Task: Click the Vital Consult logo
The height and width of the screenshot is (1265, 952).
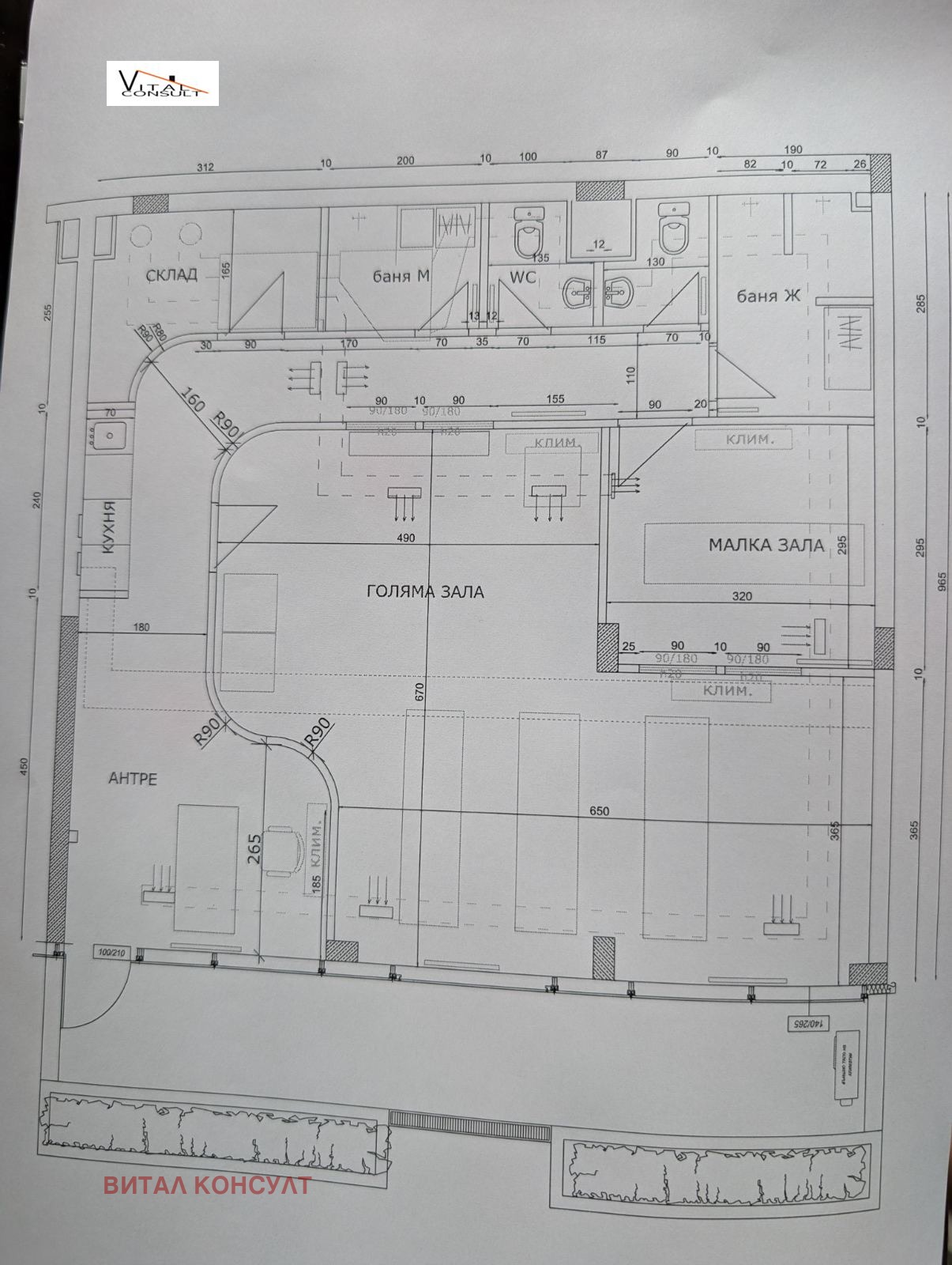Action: coord(162,83)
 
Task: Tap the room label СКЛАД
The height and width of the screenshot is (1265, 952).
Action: coord(171,275)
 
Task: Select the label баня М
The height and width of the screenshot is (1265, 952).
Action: coord(401,276)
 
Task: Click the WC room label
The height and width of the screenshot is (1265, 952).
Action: coord(522,278)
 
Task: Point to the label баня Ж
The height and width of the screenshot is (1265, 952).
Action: coord(768,296)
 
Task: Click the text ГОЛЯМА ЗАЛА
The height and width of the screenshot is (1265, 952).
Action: coord(425,591)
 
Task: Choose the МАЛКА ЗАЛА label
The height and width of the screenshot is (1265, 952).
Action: coord(766,545)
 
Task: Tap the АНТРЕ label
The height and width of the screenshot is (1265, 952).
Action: coord(133,779)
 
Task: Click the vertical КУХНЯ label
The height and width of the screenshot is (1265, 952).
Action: coord(109,527)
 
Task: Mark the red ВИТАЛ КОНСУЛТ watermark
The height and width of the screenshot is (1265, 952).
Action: coord(207,1185)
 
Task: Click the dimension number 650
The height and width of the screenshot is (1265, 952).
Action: coord(599,811)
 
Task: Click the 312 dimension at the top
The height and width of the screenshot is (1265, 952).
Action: coord(205,168)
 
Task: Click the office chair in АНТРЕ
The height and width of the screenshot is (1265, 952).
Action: coord(284,851)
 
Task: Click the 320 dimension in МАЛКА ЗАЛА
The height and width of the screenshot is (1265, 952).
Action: coord(742,596)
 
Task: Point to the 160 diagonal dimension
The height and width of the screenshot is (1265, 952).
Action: coord(193,398)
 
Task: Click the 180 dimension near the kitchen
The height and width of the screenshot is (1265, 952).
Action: coord(141,628)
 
